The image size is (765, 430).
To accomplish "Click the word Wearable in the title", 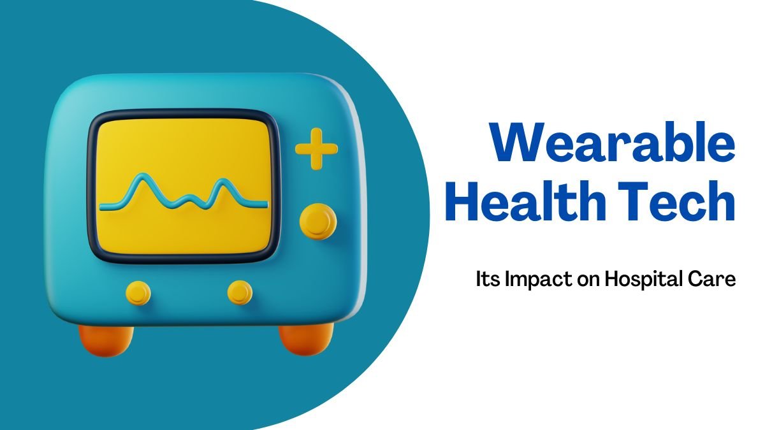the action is [x=613, y=142].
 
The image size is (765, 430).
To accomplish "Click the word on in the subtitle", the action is [x=588, y=281].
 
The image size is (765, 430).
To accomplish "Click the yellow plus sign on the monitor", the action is [x=317, y=149].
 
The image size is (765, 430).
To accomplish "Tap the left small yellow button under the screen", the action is [x=138, y=293].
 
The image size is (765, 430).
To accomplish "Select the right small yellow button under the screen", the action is [x=240, y=292].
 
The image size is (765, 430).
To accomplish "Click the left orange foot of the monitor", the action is [x=106, y=340].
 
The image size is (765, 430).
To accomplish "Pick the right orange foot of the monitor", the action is [x=305, y=338].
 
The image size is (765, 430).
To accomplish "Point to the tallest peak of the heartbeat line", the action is [x=142, y=175].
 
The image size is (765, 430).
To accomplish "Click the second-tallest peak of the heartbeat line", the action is [x=223, y=181].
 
